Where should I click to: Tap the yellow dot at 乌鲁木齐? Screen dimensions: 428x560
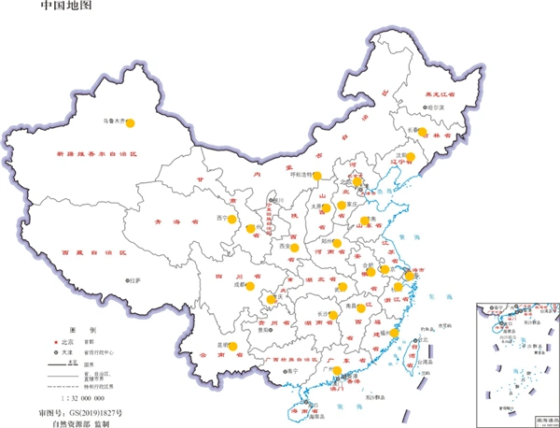pos(131,121)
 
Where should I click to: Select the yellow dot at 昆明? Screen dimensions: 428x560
pos(232,346)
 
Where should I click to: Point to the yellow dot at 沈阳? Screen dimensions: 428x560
pos(411,157)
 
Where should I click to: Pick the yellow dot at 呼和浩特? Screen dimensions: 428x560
pos(317,175)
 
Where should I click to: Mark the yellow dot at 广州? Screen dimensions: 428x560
pos(336,371)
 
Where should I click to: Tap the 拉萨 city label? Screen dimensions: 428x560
pos(135,280)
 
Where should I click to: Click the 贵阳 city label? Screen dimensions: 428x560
pos(267,329)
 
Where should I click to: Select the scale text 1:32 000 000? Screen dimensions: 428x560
pos(81,399)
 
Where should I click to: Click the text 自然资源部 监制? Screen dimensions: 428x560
pos(81,423)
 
